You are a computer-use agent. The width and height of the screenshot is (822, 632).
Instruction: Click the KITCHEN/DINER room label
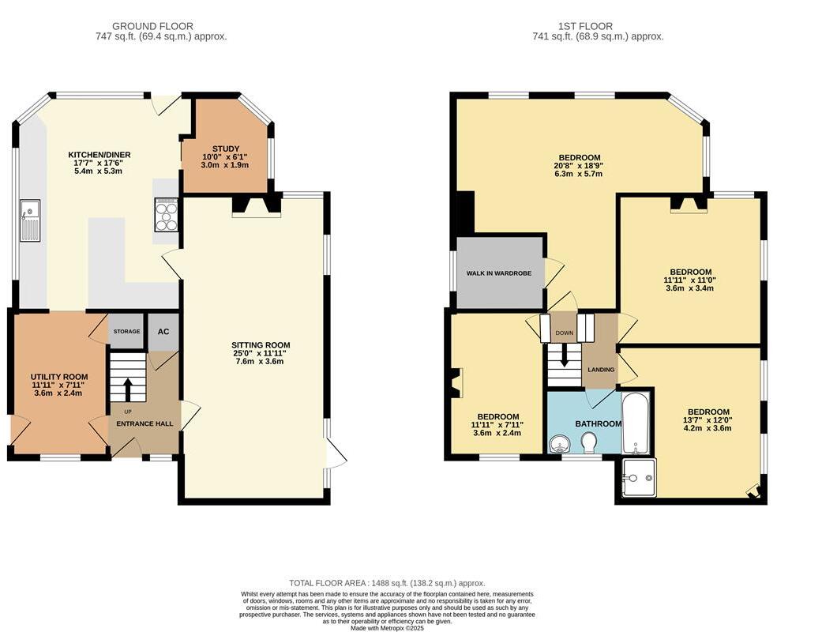(x=99, y=155)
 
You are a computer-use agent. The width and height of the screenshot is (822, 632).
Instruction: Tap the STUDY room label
(x=226, y=149)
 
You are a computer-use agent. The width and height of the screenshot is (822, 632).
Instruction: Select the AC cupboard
(x=163, y=332)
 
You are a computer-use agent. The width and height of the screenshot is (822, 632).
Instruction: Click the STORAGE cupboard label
(x=127, y=332)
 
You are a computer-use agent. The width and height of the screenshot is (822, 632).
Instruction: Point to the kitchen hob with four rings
(x=167, y=214)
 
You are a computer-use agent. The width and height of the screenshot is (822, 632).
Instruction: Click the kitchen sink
(x=30, y=219)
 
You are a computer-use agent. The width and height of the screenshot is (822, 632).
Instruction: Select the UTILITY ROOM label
(x=59, y=377)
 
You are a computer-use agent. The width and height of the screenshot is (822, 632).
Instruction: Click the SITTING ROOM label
(x=261, y=345)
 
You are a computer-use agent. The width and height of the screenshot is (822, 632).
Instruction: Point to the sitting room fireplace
(x=257, y=205)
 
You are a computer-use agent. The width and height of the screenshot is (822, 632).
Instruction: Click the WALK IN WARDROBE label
(x=498, y=273)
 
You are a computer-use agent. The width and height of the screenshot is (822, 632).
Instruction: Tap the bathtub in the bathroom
(x=636, y=423)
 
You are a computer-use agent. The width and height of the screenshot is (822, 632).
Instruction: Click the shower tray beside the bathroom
(x=637, y=477)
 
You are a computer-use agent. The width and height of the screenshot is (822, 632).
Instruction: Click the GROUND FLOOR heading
(x=152, y=26)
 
